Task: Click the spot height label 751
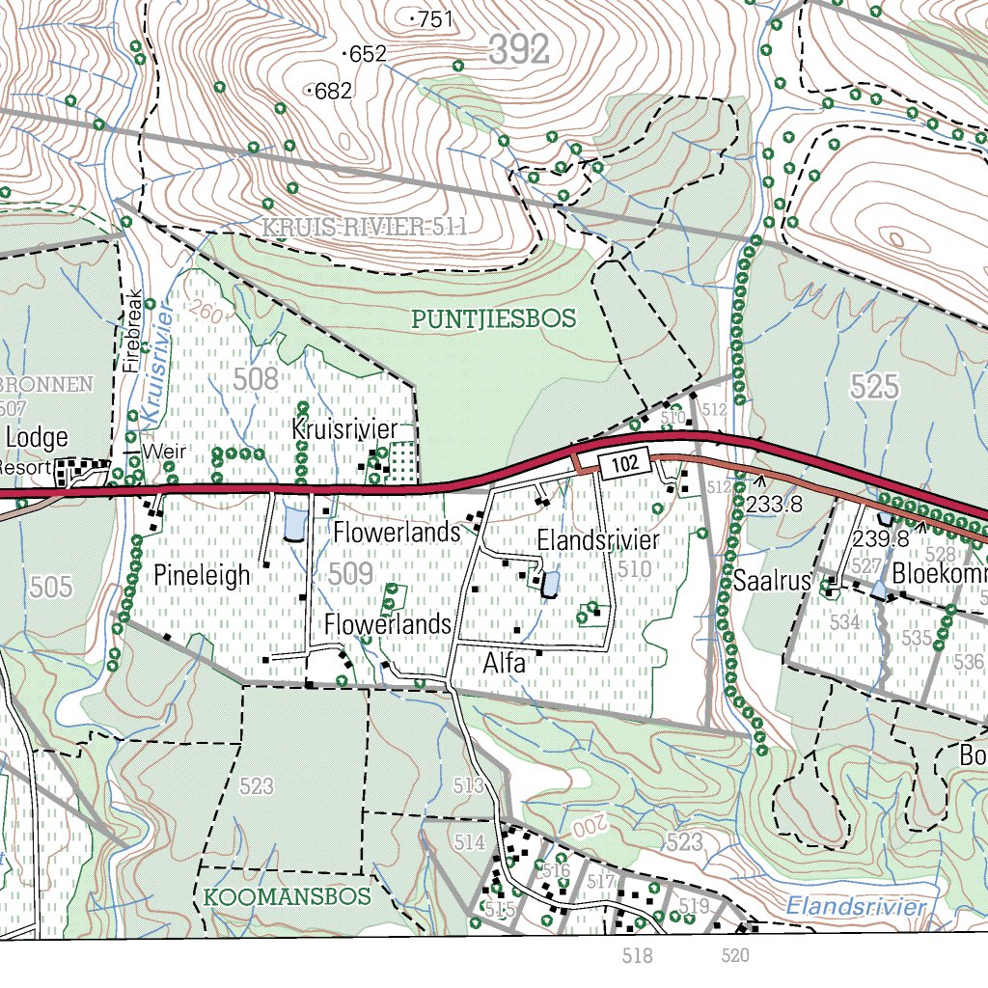click(435, 19)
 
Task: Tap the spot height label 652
click(368, 55)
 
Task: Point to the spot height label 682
click(333, 92)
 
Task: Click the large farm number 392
click(518, 50)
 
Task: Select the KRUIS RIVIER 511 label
click(365, 228)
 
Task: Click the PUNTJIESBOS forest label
click(493, 318)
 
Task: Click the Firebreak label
click(132, 332)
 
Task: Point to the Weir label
click(163, 452)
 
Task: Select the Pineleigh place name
click(202, 576)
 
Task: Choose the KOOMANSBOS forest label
click(288, 897)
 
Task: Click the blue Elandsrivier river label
click(855, 907)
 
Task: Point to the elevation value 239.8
click(880, 538)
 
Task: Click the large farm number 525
click(874, 388)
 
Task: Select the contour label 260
click(206, 311)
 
